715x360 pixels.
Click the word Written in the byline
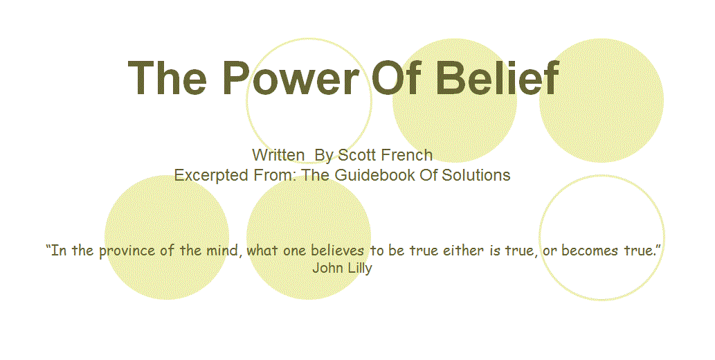(x=279, y=155)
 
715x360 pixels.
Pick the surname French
(x=407, y=155)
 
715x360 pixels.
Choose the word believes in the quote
(x=338, y=250)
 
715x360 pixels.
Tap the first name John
(x=327, y=267)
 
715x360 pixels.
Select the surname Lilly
(x=360, y=269)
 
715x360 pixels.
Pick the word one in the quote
(x=295, y=251)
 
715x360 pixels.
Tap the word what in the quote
(x=262, y=250)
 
